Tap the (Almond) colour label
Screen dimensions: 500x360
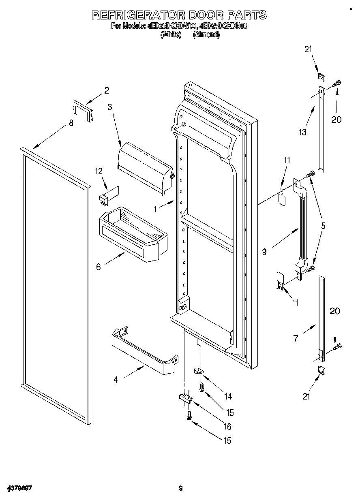pos(206,35)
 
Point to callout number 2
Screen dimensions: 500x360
pos(107,91)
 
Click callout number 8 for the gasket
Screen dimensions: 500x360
pos(71,123)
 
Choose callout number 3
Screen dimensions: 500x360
pos(109,107)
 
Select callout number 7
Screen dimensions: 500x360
pos(296,338)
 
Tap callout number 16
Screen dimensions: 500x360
pos(227,426)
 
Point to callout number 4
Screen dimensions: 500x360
pos(116,380)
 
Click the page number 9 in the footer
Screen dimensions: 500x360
pos(181,488)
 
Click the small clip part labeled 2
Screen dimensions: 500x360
pos(83,110)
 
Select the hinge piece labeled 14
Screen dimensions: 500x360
pos(198,370)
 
